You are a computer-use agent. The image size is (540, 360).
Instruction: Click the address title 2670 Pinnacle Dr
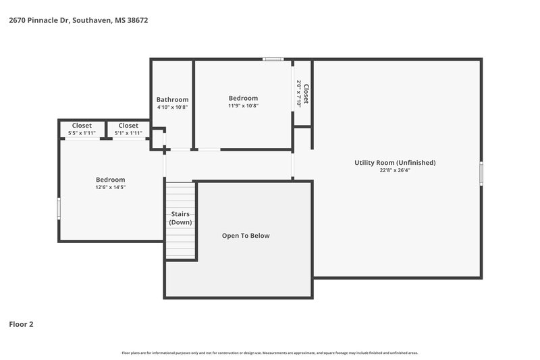click(78, 20)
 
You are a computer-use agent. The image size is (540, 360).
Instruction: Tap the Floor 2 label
click(21, 324)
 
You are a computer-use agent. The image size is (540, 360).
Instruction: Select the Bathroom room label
click(172, 99)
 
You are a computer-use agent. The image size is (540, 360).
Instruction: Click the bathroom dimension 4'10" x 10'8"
click(172, 107)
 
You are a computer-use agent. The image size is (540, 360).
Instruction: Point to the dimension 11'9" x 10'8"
click(243, 105)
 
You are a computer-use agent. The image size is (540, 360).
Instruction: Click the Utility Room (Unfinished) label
click(395, 162)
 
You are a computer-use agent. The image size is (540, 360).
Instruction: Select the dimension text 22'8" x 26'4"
click(395, 170)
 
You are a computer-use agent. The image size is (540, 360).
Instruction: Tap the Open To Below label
click(246, 236)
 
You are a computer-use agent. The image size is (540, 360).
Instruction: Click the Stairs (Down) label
click(180, 218)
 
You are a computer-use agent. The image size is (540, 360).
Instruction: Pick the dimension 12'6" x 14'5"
click(110, 187)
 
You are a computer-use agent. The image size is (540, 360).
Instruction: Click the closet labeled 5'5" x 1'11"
click(82, 133)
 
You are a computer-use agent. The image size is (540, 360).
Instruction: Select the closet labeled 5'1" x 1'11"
click(128, 133)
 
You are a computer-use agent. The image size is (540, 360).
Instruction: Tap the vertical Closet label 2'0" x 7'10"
click(302, 93)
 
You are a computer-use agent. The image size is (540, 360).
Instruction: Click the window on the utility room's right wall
click(481, 174)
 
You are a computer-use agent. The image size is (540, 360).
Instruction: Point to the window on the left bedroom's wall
click(59, 207)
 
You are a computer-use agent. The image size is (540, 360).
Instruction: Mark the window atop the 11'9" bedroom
click(273, 59)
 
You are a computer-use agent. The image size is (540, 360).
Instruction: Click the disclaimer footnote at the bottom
click(270, 353)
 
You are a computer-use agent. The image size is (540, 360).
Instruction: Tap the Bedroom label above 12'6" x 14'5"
click(110, 180)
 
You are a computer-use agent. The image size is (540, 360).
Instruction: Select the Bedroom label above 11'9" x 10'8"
click(243, 98)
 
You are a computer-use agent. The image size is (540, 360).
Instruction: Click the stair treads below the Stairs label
click(180, 243)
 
